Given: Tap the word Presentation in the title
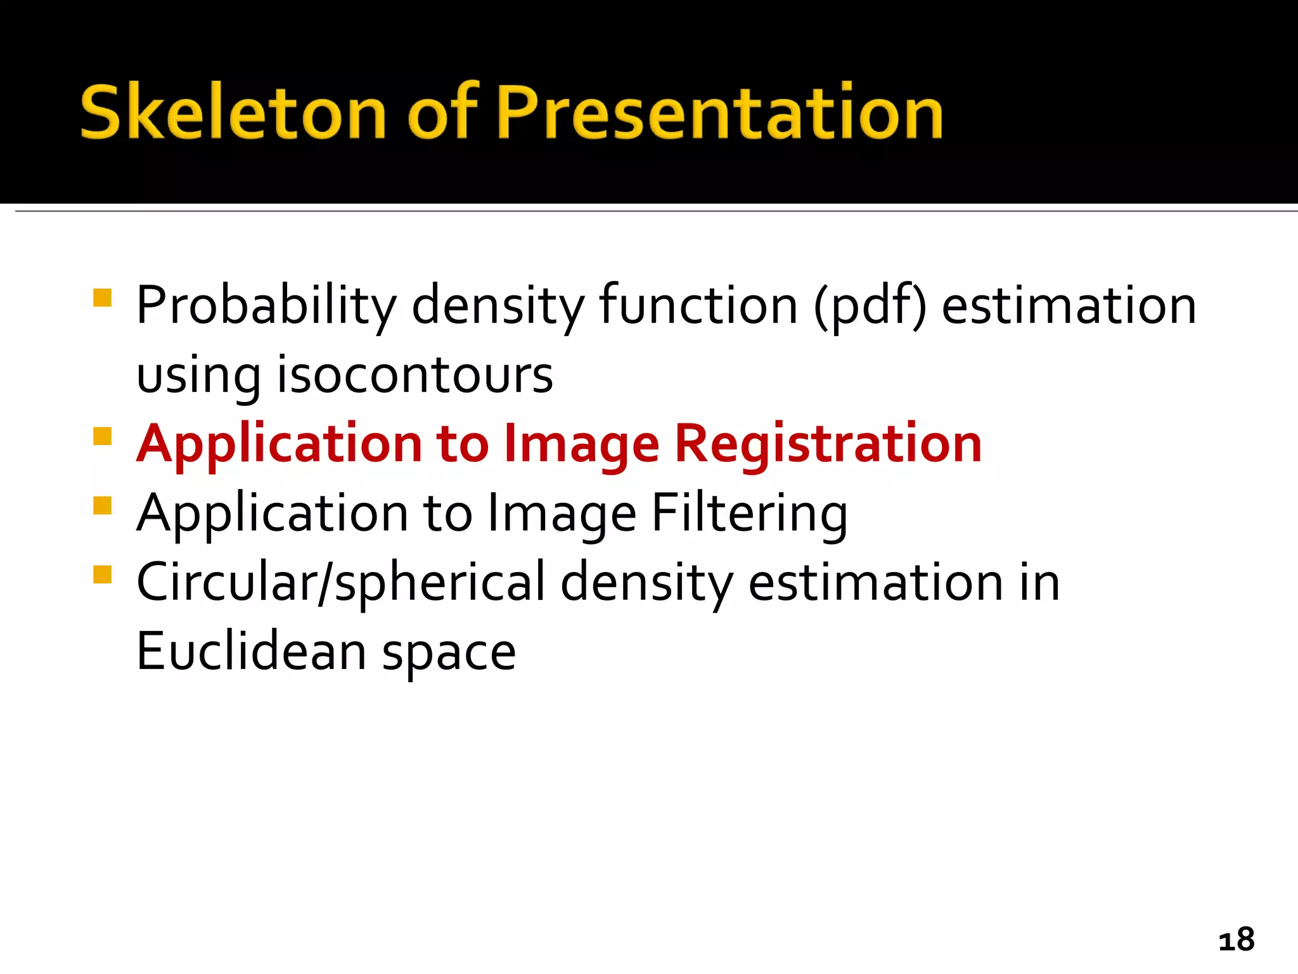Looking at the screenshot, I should point(720,112).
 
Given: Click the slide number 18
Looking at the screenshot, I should point(1236,939).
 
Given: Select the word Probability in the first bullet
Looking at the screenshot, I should point(266,306).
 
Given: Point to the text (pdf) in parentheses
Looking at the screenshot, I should point(870,306).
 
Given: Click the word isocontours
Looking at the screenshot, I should point(415,375).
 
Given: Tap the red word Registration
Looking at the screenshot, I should point(828,444).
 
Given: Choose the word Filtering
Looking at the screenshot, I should point(749,514).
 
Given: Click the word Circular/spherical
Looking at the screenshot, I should point(340,583).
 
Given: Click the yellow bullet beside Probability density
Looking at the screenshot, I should point(102,297).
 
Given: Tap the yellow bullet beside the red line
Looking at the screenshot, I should point(102,436).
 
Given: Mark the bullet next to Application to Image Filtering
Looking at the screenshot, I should point(102,505).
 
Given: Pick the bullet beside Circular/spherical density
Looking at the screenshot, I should point(102,575).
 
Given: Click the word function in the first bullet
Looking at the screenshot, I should point(698,306).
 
